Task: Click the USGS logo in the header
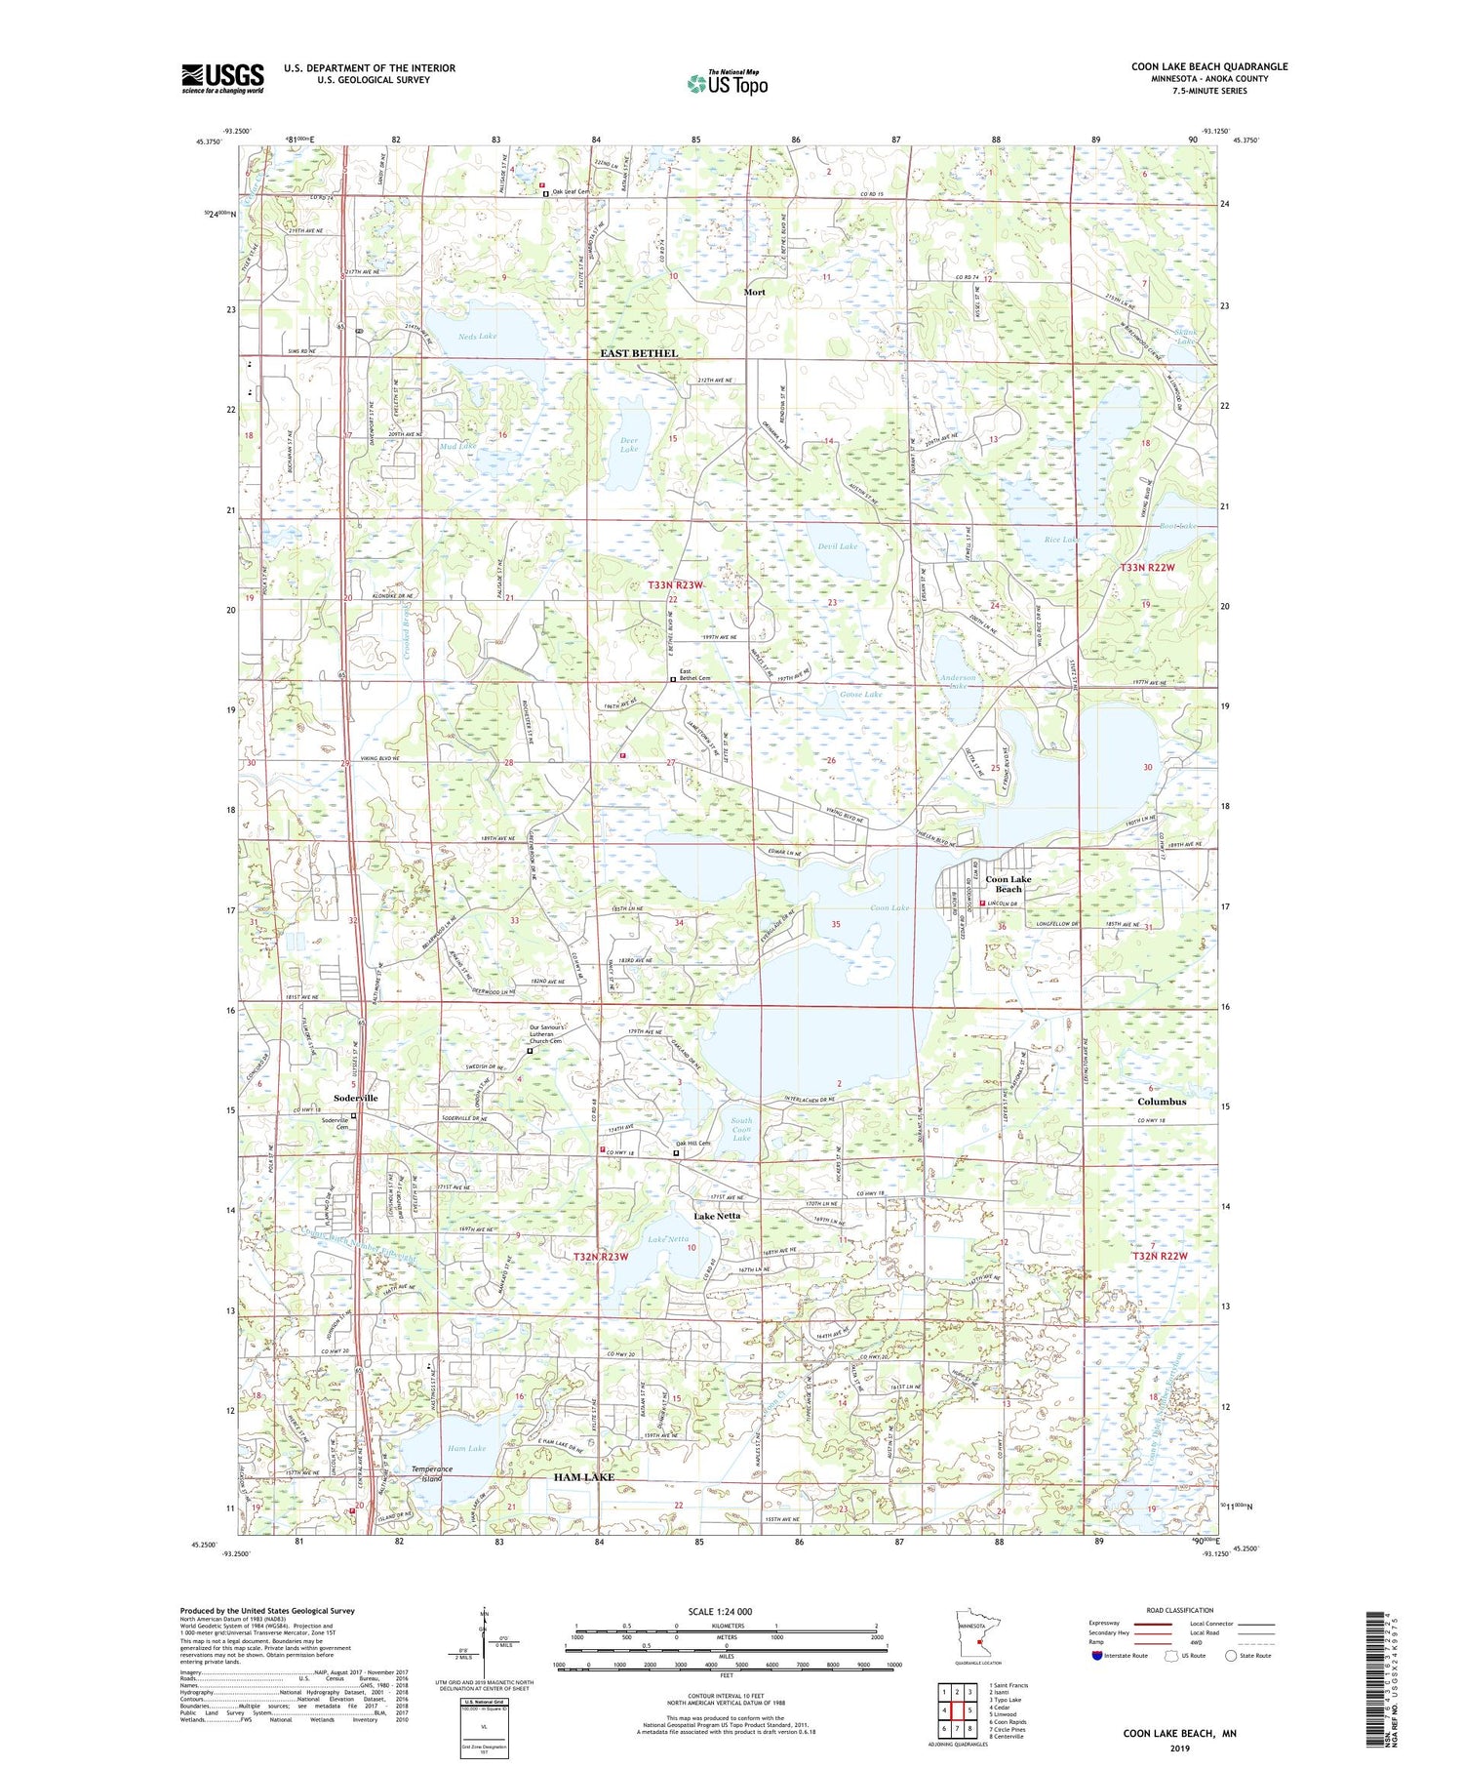[x=222, y=78]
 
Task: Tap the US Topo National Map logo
[x=727, y=83]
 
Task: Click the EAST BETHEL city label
[x=638, y=353]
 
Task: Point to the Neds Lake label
[x=478, y=337]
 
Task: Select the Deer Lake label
[x=629, y=445]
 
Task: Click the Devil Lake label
[x=837, y=546]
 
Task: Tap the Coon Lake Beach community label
[x=1008, y=884]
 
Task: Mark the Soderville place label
[x=355, y=1098]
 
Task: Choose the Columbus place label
[x=1162, y=1102]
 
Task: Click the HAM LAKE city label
[x=584, y=1477]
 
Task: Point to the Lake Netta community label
[x=717, y=1216]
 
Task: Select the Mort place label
[x=754, y=292]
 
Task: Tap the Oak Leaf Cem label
[x=572, y=192]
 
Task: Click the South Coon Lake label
[x=741, y=1130]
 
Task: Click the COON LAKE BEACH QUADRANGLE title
[x=1209, y=66]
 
